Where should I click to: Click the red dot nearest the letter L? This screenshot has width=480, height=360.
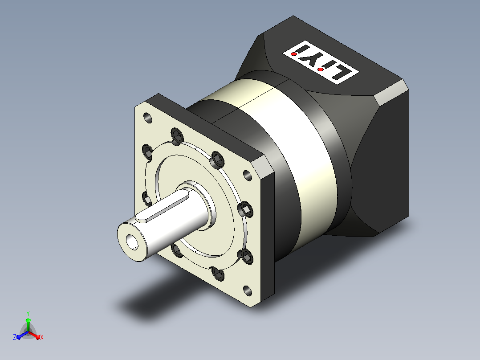pos(320,70)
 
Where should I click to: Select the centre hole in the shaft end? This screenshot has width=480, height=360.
pos(132,242)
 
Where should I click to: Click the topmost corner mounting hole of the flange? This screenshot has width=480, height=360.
pos(147,118)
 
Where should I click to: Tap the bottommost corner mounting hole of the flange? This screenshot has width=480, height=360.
pos(248,290)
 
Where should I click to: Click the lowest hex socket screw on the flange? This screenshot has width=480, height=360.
pos(218,273)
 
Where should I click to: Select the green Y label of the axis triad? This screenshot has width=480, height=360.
pos(28,313)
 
